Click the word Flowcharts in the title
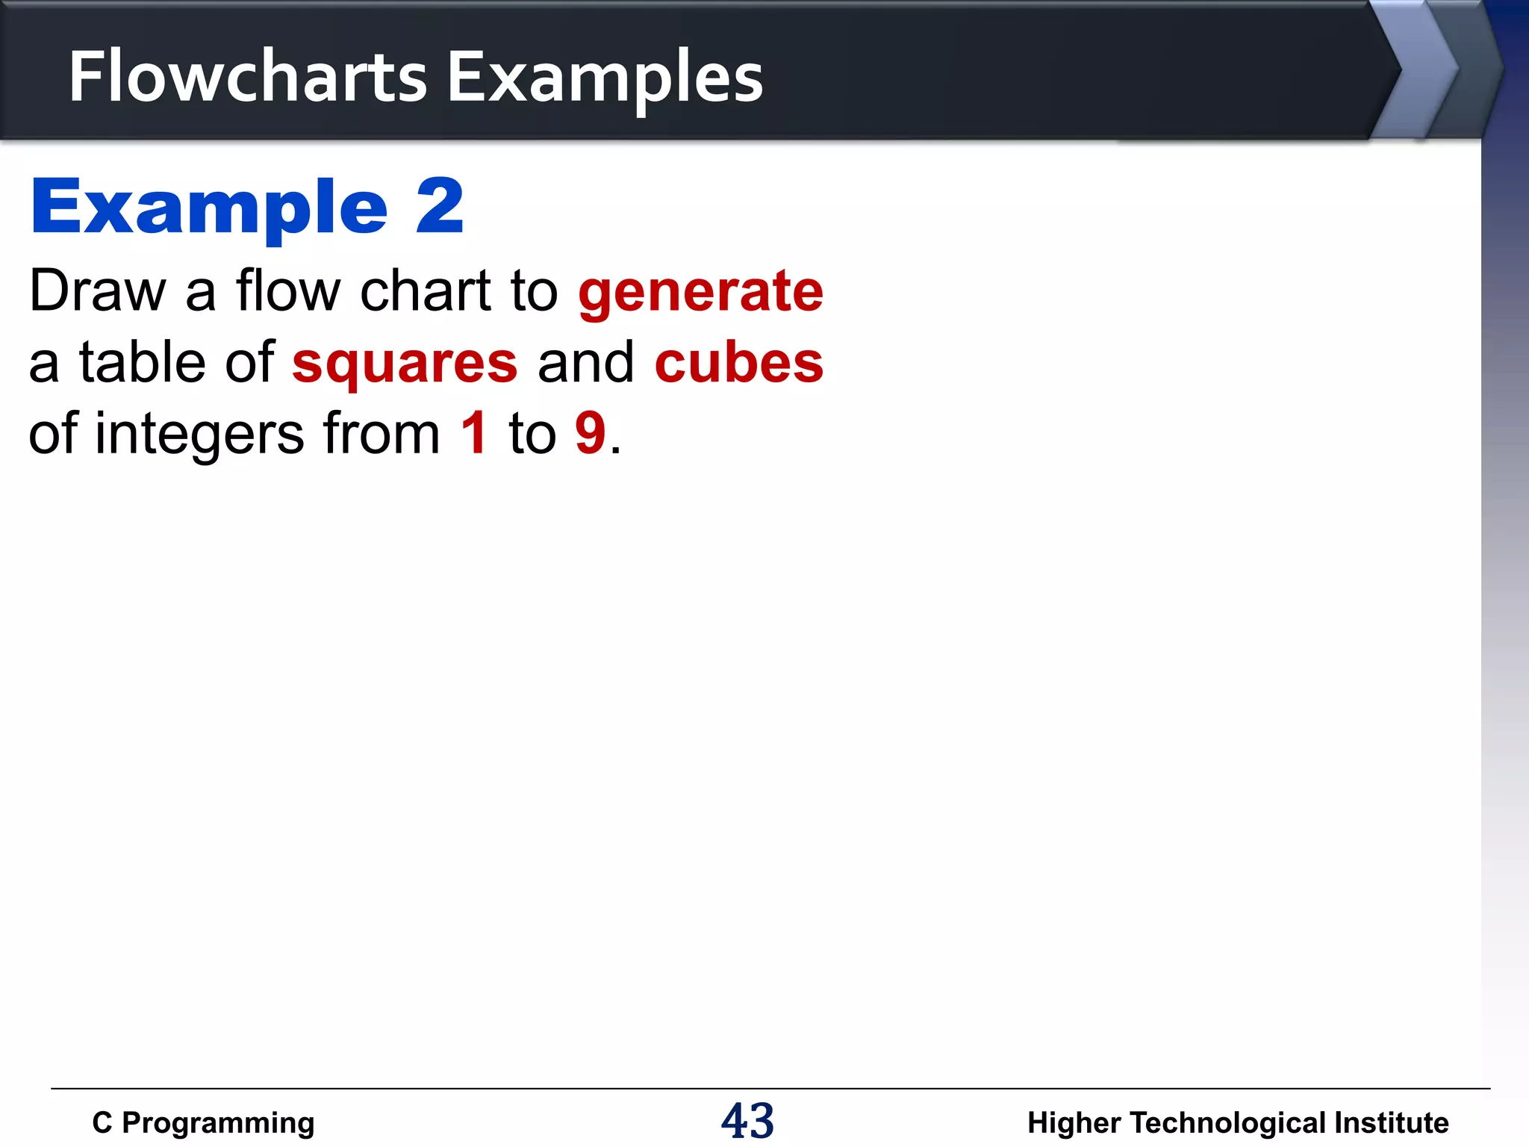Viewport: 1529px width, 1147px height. coord(247,77)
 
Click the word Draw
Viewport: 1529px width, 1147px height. coord(97,290)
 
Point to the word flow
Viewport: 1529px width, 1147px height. coord(288,290)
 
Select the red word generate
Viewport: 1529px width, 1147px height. coord(700,292)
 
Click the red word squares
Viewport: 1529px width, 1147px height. coord(405,364)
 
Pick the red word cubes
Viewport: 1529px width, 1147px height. coord(738,362)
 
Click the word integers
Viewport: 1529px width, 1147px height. coord(199,435)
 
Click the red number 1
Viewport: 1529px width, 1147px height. coord(474,433)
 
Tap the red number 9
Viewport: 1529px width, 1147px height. coord(590,433)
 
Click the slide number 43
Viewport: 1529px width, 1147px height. coord(747,1121)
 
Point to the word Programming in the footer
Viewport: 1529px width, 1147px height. coord(218,1123)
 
